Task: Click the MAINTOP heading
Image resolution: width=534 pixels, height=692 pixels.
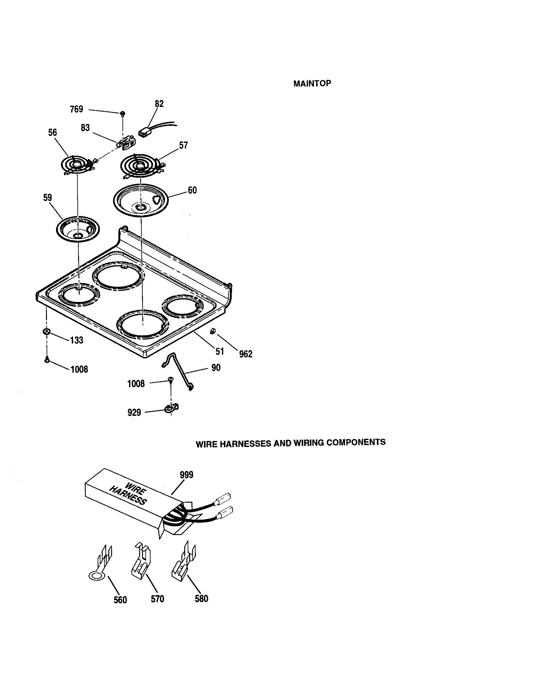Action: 312,83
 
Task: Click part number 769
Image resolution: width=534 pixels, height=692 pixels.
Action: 77,109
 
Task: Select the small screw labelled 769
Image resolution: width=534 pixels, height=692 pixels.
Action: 122,113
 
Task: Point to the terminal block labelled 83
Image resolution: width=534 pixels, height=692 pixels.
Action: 127,143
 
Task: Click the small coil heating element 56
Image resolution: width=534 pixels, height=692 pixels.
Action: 77,165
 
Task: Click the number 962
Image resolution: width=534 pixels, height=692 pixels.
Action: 246,354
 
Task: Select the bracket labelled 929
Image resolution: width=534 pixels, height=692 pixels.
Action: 172,408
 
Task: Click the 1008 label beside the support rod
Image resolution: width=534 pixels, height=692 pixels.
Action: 136,384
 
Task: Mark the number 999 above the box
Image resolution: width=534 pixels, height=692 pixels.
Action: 186,475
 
